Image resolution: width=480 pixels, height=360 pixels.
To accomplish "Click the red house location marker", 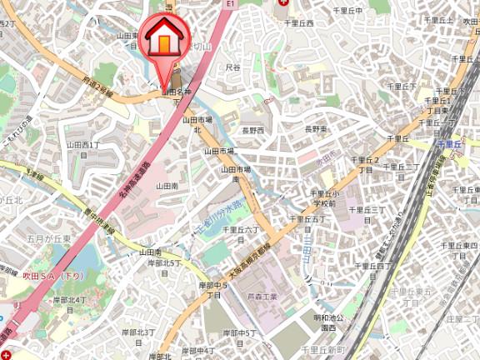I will click(x=164, y=42).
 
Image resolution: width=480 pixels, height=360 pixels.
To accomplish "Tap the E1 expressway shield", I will click(x=230, y=4).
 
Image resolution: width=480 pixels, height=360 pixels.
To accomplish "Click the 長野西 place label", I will click(x=252, y=131).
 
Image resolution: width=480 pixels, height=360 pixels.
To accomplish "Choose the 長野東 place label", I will click(x=315, y=129).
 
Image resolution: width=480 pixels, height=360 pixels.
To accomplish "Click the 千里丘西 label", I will click(x=297, y=23).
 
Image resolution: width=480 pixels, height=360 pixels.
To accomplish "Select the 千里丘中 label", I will click(x=349, y=11).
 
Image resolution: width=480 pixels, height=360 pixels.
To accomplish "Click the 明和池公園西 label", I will click(x=312, y=322).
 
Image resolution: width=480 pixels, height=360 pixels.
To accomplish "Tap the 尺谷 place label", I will click(x=233, y=67).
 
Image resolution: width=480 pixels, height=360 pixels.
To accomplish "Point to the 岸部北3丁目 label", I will click(x=139, y=336).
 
